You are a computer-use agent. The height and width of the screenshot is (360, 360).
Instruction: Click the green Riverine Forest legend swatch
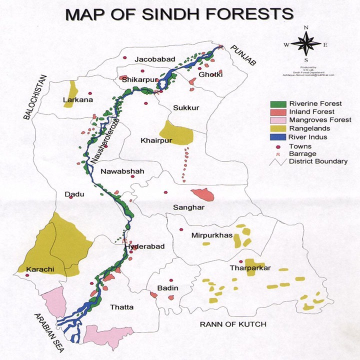click(277, 104)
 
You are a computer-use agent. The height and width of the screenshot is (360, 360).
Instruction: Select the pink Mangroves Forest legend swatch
click(277, 120)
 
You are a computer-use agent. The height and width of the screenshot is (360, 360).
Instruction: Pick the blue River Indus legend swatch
click(277, 136)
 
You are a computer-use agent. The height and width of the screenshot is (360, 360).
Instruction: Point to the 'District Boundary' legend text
click(318, 161)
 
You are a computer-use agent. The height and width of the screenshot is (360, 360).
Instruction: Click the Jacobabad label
click(155, 59)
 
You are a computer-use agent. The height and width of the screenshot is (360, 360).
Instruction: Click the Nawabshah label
click(122, 171)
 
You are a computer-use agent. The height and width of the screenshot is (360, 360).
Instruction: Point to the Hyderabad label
click(144, 247)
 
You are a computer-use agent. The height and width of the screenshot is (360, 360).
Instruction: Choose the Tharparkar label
click(250, 268)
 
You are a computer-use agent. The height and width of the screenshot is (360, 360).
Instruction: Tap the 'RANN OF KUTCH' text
click(233, 324)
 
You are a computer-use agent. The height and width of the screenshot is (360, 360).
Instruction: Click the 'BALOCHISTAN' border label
click(34, 97)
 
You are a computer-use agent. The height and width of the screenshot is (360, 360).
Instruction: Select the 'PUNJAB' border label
click(243, 55)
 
